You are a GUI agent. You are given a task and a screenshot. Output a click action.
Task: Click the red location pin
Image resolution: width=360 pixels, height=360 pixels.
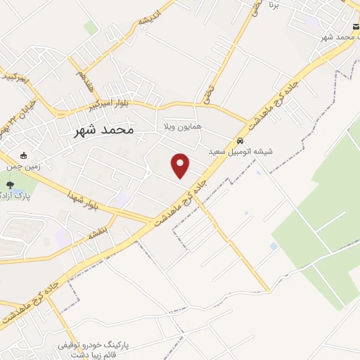[x=181, y=165]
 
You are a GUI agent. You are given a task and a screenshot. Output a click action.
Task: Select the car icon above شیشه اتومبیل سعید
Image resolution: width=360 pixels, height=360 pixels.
[x=240, y=139]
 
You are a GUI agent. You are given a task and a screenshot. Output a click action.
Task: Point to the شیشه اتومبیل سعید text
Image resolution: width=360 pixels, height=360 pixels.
[x=240, y=151]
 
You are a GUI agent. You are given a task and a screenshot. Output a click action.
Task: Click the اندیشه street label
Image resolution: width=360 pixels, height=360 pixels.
[x=150, y=18]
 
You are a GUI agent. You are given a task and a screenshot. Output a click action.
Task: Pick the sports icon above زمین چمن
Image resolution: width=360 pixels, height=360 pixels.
[x=24, y=156]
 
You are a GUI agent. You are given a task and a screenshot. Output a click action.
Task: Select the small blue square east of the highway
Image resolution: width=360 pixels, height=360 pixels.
[x=274, y=246]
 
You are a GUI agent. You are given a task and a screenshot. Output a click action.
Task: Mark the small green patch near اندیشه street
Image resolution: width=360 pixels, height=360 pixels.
[x=91, y=28]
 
